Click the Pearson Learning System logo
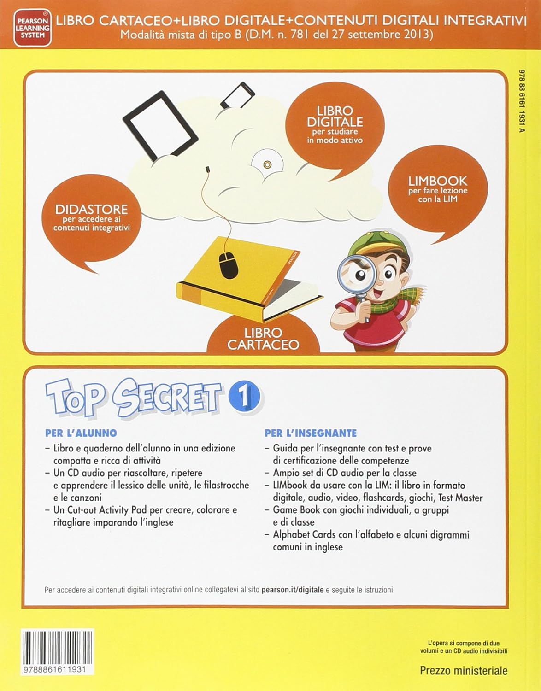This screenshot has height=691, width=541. click(32, 28)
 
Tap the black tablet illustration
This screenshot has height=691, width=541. click(161, 126)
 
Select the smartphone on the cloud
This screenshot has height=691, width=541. click(238, 95)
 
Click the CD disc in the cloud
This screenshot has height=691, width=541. click(267, 164)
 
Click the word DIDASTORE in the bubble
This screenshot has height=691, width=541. click(92, 210)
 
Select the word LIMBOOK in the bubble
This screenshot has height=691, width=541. click(438, 181)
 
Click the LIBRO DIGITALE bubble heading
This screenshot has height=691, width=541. click(335, 117)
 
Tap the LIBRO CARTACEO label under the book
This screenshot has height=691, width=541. click(263, 339)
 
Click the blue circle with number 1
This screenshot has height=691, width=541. click(244, 397)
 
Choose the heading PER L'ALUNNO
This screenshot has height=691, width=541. click(81, 433)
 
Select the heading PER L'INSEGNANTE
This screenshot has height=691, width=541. click(311, 433)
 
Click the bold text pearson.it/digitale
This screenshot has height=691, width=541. click(292, 590)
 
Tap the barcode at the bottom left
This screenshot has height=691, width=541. click(58, 650)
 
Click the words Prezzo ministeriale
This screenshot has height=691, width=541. click(464, 671)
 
